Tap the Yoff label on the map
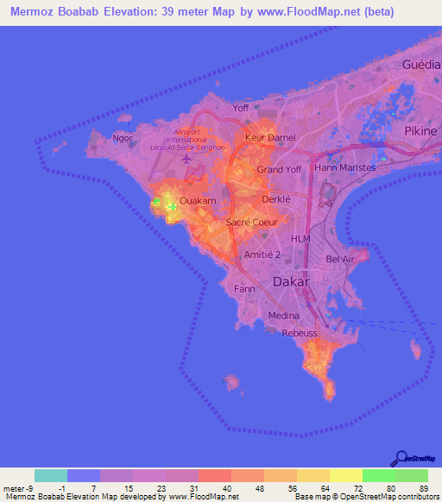point(241,108)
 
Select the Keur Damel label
point(269,138)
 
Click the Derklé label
point(276,199)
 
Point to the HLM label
point(300,239)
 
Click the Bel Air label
point(341,259)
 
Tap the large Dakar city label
point(291,281)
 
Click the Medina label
point(284,316)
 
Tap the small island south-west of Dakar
point(230,380)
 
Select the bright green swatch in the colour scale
point(378,475)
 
